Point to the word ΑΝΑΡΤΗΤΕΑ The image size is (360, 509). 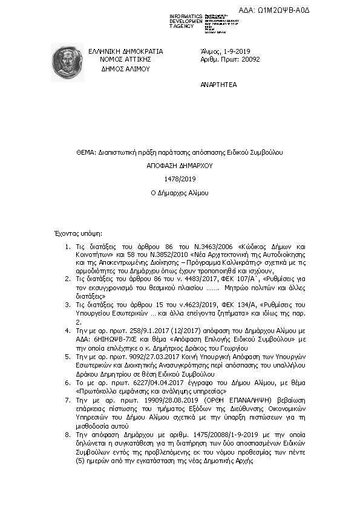pos(220,86)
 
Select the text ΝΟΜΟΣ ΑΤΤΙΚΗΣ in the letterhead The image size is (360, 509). pos(125,60)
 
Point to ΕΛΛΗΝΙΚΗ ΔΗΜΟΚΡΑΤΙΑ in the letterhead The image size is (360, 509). pos(125,51)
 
